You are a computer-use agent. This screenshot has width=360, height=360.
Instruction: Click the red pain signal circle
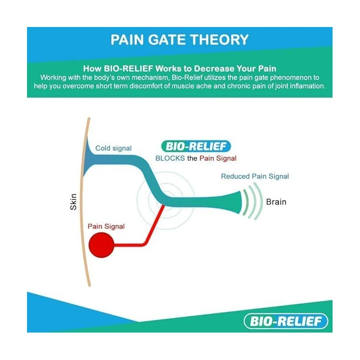[101, 246]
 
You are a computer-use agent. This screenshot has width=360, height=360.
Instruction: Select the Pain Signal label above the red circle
[106, 226]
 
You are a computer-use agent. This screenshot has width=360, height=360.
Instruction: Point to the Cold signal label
[113, 148]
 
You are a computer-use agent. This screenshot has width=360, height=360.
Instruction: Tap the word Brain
[276, 202]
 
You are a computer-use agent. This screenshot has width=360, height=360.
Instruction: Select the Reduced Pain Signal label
[255, 176]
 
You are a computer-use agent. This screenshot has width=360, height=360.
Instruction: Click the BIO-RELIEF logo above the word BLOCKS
[196, 146]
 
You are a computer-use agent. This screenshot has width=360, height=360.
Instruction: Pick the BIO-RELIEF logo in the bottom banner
[286, 321]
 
